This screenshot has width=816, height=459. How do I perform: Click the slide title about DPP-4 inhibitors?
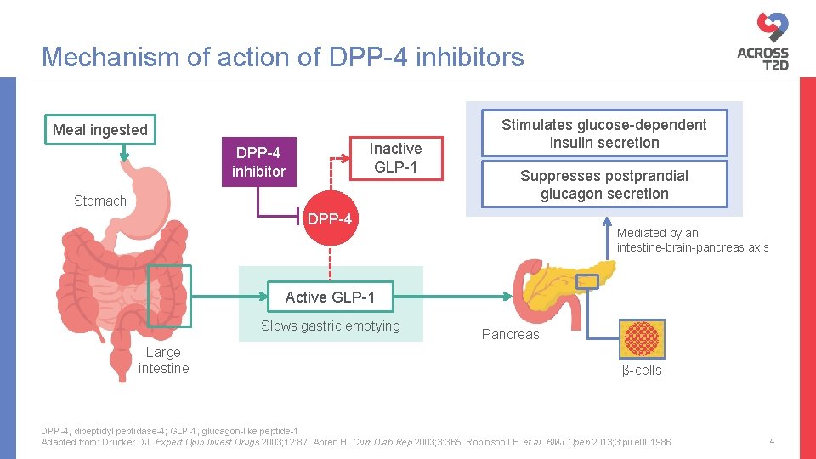[x=283, y=57]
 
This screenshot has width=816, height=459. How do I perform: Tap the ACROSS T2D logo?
[x=762, y=43]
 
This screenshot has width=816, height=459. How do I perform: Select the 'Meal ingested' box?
[x=100, y=130]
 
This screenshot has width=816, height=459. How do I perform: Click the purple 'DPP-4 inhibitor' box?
[x=258, y=161]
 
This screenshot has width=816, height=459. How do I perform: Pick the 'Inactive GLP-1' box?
[x=394, y=158]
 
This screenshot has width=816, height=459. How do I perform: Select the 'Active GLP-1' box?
[x=330, y=297]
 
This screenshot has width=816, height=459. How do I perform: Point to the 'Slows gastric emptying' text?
[x=330, y=326]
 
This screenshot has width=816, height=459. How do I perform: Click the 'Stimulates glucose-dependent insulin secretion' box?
[x=603, y=133]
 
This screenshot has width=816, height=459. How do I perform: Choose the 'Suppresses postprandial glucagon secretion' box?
[x=603, y=184]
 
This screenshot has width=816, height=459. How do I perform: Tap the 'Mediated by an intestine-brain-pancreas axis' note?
[x=692, y=240]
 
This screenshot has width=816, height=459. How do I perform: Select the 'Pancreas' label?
[x=510, y=334]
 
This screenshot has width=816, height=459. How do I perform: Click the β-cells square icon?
[x=641, y=338]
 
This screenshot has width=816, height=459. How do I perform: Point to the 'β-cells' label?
[x=642, y=370]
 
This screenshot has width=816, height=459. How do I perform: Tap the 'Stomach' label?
[x=99, y=201]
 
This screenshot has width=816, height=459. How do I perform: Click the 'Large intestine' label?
[x=163, y=360]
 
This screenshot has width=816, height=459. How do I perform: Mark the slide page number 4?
[x=772, y=441]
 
